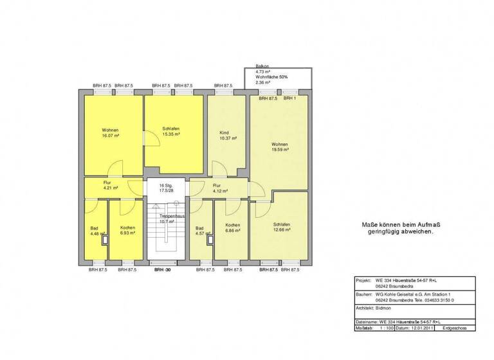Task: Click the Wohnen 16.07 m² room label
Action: coord(111,133)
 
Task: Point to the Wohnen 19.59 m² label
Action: coord(280,146)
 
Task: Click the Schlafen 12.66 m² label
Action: coord(282,226)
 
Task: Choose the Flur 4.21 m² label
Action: coord(108,185)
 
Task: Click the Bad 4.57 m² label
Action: coord(200,231)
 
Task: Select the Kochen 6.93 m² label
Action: coord(127,230)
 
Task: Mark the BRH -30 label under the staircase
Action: coord(163,270)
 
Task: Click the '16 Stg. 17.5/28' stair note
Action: coord(167,188)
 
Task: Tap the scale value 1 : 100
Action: coord(386,327)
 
